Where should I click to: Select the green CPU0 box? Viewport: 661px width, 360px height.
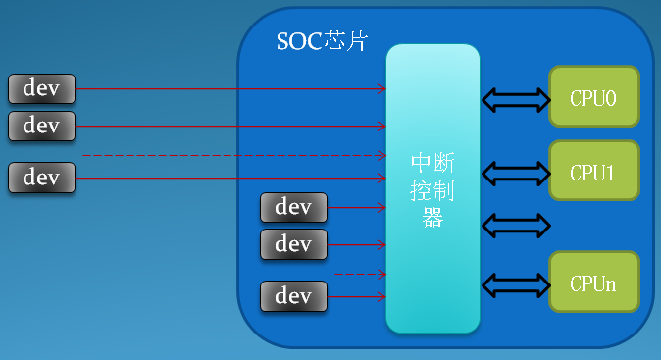coord(593,97)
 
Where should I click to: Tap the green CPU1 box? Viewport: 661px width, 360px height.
coord(593,172)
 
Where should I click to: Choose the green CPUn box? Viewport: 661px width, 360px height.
coord(593,283)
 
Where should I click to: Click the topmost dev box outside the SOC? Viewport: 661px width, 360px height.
coord(41,88)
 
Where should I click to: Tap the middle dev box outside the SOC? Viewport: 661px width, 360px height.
coord(41,126)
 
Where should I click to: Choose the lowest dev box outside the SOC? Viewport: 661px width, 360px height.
coord(41,178)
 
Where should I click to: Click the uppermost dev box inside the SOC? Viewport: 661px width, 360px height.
coord(293,207)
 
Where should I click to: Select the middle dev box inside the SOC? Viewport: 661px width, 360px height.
coord(293,244)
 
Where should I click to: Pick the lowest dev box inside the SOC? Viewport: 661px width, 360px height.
coord(293,295)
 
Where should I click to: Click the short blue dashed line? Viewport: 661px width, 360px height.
coord(359,274)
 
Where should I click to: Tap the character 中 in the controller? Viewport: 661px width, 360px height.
coord(421,161)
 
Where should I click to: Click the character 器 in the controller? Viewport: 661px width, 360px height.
coord(432,218)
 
